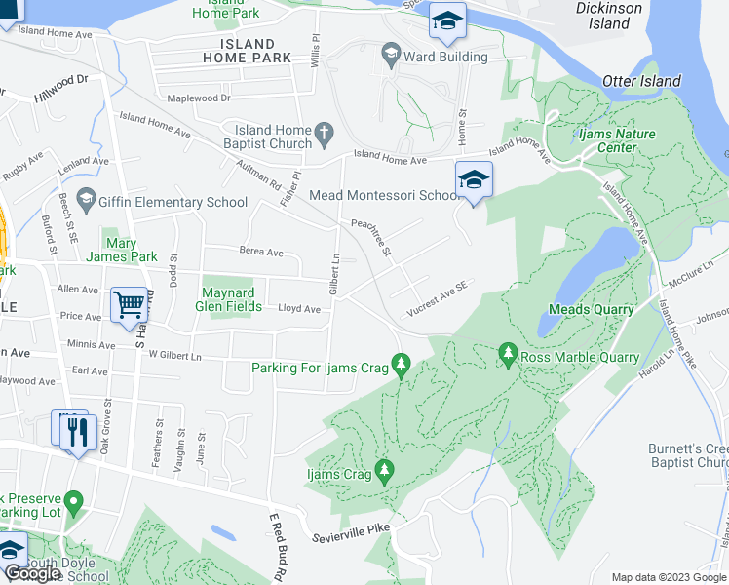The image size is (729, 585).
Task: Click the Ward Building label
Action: click(x=445, y=57)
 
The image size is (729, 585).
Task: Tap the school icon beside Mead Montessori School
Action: click(x=474, y=180)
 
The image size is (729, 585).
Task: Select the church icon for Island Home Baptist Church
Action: click(x=324, y=131)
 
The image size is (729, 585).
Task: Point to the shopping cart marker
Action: click(x=129, y=304)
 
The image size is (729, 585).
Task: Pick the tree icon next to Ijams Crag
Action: click(x=385, y=471)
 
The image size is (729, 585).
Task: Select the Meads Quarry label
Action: click(x=591, y=309)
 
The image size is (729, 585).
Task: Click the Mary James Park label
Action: click(x=130, y=250)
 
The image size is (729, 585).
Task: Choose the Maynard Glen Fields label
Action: click(x=232, y=299)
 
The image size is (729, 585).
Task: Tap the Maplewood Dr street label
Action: click(x=198, y=97)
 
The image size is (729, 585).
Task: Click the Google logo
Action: click(x=32, y=574)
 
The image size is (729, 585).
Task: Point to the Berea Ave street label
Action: click(x=261, y=252)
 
